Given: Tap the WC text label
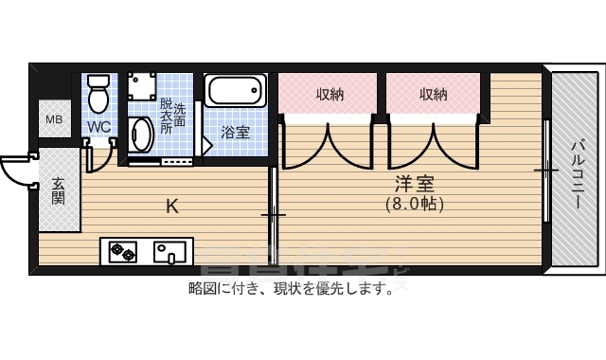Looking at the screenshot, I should [x=98, y=126].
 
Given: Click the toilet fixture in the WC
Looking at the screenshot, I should [x=98, y=94].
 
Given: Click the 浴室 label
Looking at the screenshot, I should [x=236, y=132].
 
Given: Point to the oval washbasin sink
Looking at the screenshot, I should [x=141, y=135].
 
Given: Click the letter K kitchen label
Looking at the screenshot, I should [x=171, y=206].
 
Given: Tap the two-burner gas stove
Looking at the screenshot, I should [x=123, y=252].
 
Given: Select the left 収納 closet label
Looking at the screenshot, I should [x=330, y=94].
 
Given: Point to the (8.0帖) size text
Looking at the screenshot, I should [x=414, y=203].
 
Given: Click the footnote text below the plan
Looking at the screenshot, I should [x=292, y=289].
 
